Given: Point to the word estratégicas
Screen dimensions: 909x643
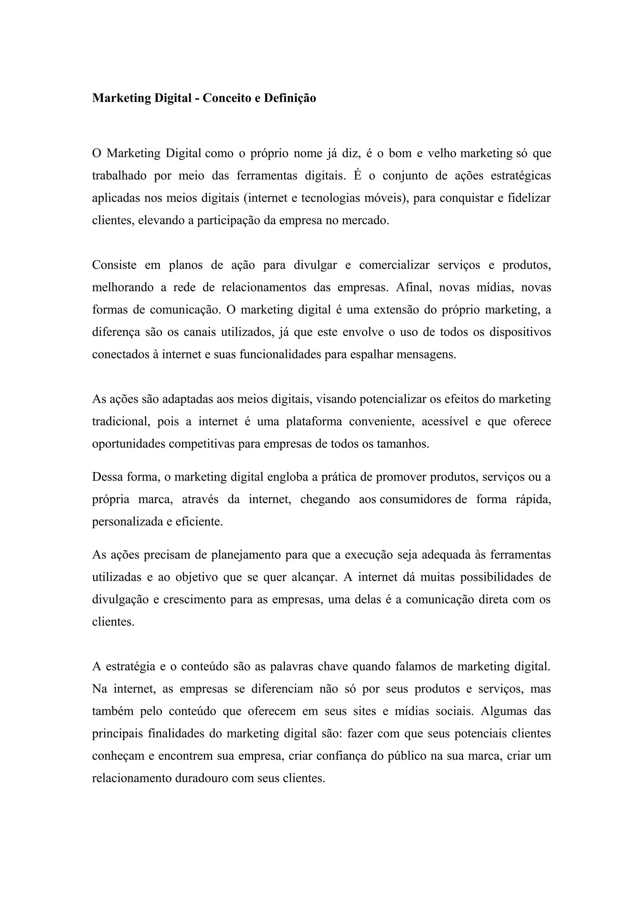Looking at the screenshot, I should [521, 175].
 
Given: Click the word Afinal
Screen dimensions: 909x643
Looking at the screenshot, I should [413, 287].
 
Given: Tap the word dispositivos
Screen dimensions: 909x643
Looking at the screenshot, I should [520, 332].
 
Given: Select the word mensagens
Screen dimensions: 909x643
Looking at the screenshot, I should [426, 354].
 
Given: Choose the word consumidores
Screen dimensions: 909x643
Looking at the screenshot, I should [416, 499].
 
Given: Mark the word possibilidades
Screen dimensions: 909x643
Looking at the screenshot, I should [496, 577].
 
